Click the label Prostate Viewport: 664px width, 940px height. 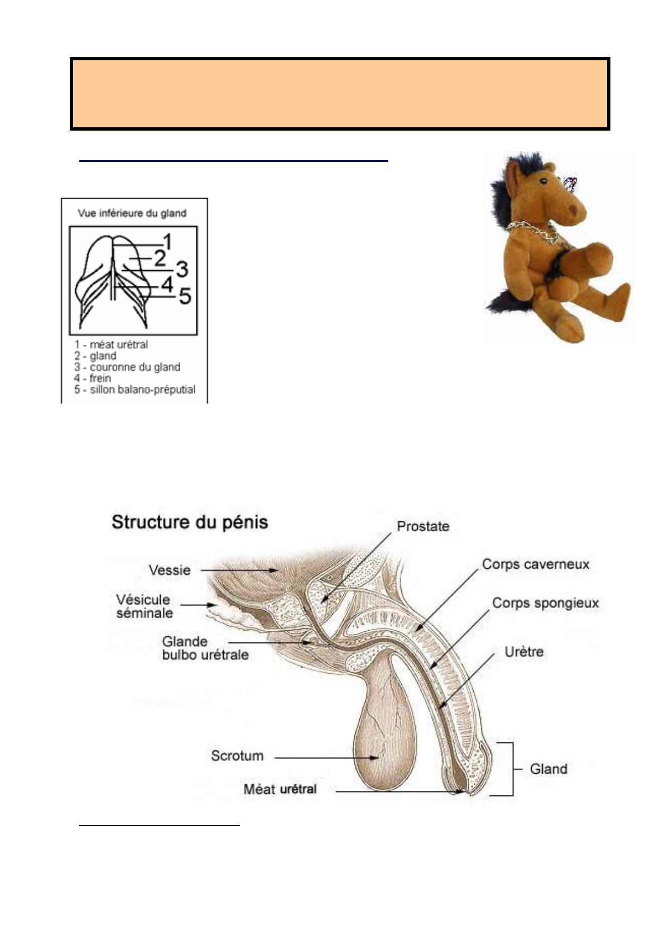[x=423, y=526]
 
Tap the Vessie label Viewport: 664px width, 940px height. [x=170, y=570]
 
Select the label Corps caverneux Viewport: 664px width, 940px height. [x=536, y=564]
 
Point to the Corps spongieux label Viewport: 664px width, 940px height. [x=545, y=603]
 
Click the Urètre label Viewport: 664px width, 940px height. [x=524, y=652]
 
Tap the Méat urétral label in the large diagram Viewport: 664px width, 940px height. [x=280, y=789]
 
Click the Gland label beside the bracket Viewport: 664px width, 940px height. [x=548, y=769]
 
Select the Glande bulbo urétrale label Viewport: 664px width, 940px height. [x=205, y=648]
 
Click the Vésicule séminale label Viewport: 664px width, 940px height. [x=145, y=606]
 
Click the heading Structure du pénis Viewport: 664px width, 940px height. [x=190, y=522]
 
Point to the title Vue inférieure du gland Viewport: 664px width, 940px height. [x=132, y=213]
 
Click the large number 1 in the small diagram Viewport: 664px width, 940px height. [x=167, y=242]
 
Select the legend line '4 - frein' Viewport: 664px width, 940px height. [x=93, y=378]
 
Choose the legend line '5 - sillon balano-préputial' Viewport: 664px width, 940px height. [x=134, y=390]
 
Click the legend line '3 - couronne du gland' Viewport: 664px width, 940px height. [x=127, y=367]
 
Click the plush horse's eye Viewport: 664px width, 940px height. [x=543, y=181]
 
